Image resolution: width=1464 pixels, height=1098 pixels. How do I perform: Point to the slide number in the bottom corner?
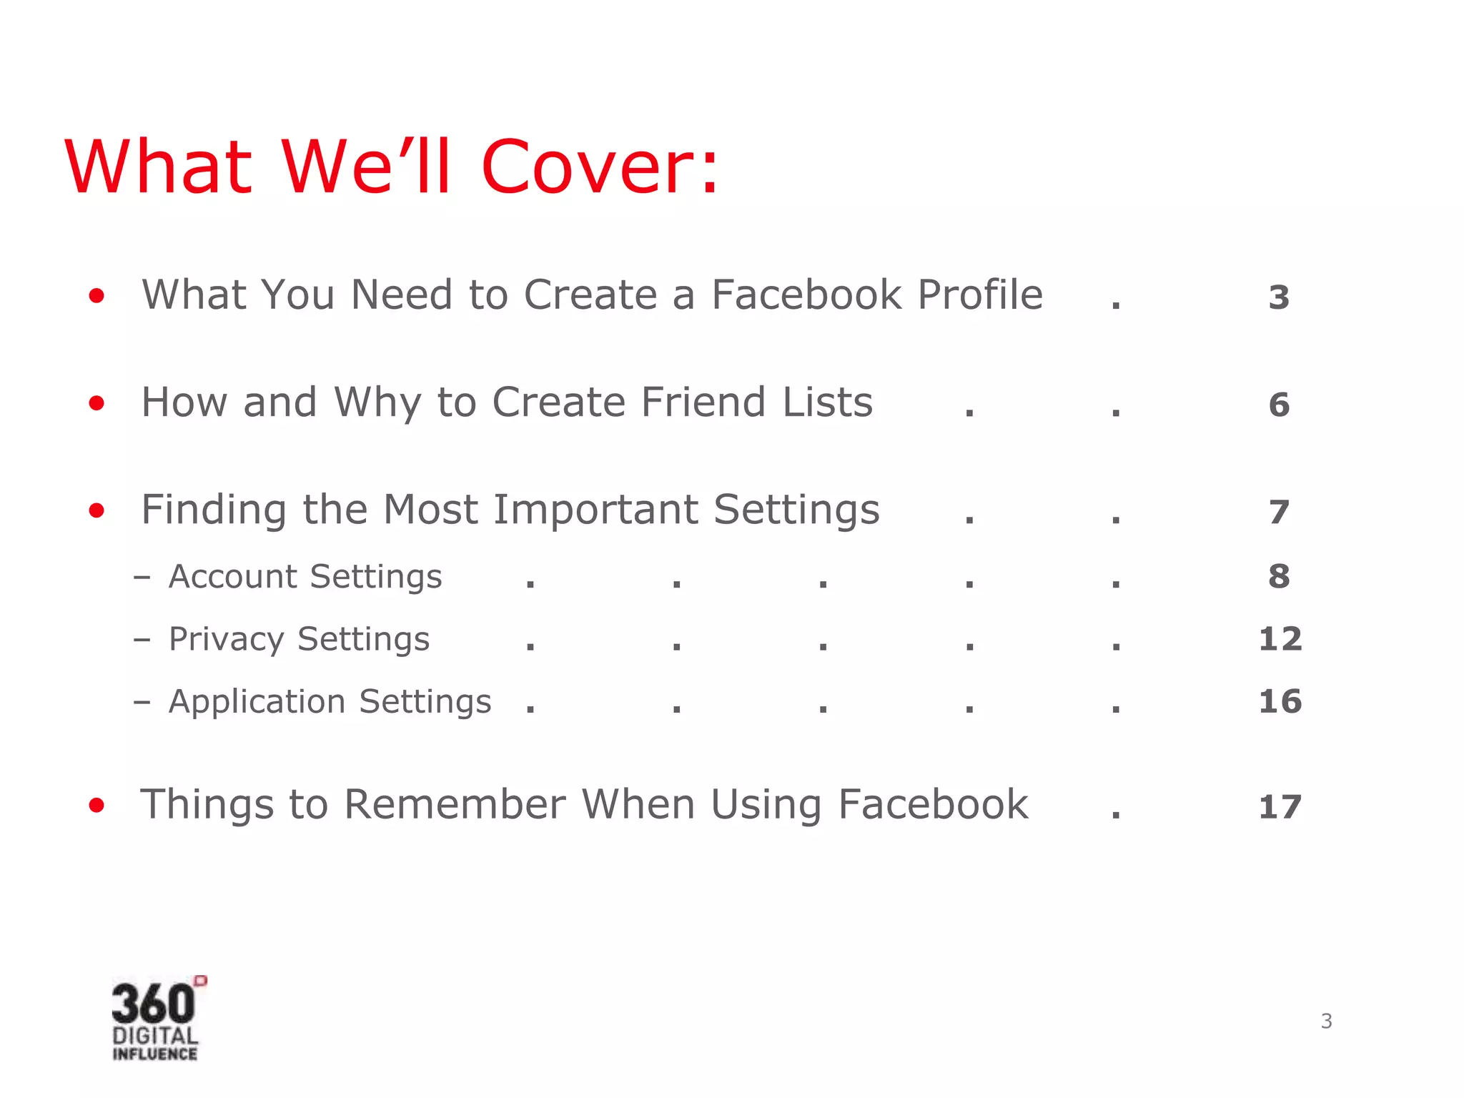[x=1326, y=1021]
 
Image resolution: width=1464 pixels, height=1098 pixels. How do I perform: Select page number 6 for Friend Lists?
[x=1279, y=405]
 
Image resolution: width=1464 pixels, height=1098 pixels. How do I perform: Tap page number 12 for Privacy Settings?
[x=1280, y=638]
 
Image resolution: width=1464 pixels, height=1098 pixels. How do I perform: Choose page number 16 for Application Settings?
[x=1280, y=701]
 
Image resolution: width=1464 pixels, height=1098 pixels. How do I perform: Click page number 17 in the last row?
[x=1280, y=807]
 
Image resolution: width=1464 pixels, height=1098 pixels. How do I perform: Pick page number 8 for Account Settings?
[x=1279, y=576]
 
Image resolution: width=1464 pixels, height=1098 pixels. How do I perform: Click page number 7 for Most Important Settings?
[x=1279, y=512]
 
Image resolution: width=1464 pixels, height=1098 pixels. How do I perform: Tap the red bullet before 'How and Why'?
[x=97, y=403]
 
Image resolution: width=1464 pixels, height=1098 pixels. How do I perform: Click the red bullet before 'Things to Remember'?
[x=97, y=806]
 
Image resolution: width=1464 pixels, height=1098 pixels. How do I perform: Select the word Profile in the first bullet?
[x=980, y=295]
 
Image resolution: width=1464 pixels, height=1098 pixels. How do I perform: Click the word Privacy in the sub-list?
[x=226, y=639]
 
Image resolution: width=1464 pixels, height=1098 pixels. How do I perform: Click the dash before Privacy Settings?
[x=142, y=639]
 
